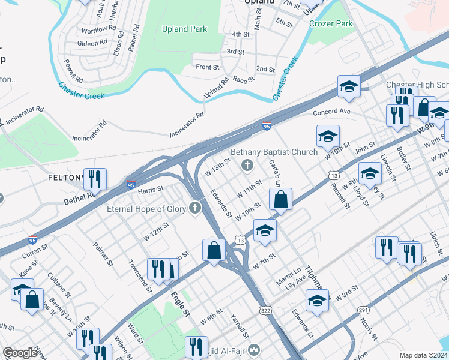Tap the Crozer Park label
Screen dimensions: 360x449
(x=331, y=23)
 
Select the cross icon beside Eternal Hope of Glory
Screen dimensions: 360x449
(x=194, y=208)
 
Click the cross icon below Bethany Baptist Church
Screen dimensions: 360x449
(x=246, y=164)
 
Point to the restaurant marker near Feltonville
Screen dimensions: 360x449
(x=95, y=178)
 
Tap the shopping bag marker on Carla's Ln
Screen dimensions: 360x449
(x=280, y=199)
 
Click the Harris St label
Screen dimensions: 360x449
(x=151, y=190)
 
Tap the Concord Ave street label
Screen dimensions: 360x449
(x=331, y=112)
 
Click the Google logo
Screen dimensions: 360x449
(x=20, y=353)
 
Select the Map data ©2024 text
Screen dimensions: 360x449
(x=423, y=355)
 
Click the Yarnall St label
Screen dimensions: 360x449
(x=242, y=326)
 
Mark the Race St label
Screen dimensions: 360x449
(x=244, y=79)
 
